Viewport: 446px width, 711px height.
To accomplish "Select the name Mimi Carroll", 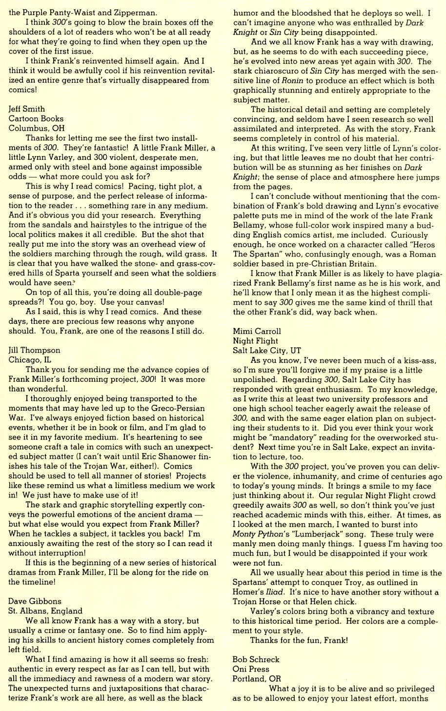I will pyautogui.click(x=257, y=331).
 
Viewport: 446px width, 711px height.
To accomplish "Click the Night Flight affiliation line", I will pyautogui.click(x=255, y=341).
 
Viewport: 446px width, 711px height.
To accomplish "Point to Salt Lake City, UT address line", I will pyautogui.click(x=267, y=351).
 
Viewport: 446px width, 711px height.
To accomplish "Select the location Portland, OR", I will pyautogui.click(x=257, y=679).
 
